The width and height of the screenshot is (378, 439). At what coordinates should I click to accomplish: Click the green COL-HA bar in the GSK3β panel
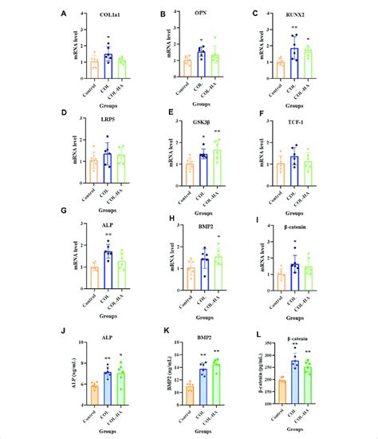click(217, 166)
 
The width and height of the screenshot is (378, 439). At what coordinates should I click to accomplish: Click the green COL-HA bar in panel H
click(217, 271)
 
